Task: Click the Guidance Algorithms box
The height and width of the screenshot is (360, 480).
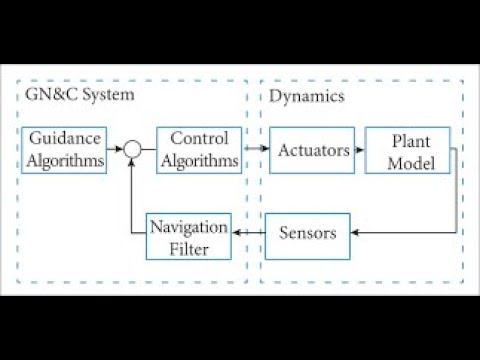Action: [63, 150]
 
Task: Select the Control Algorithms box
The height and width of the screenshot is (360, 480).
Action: [199, 150]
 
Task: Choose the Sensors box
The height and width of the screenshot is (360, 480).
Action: [307, 235]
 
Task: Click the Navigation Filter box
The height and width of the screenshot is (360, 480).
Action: [188, 237]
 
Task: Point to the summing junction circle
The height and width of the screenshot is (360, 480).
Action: [130, 150]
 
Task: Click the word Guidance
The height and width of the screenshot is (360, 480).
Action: [63, 139]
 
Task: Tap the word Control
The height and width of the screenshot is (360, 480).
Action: [199, 139]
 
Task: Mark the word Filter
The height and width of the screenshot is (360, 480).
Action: [188, 248]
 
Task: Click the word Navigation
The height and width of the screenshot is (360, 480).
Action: [188, 227]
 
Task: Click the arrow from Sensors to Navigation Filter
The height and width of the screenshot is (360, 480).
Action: [247, 235]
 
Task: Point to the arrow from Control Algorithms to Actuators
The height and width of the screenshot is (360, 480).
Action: [255, 150]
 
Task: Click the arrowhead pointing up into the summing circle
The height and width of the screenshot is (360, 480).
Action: [130, 163]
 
